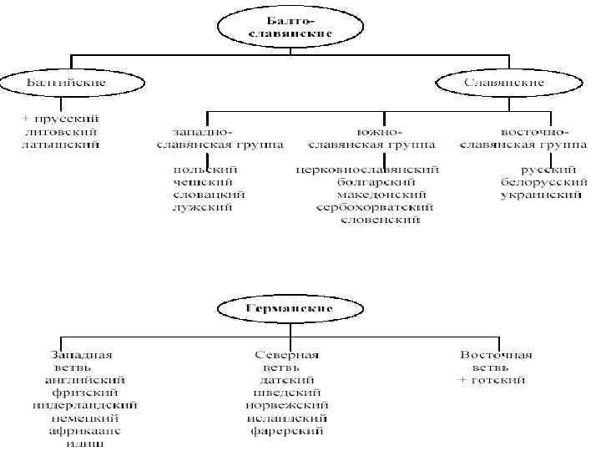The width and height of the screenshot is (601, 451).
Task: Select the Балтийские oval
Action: pos(67,83)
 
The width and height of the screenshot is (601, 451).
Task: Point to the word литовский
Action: pos(62,132)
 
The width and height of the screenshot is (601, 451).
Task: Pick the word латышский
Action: pos(62,144)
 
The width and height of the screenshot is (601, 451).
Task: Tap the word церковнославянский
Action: pos(367,170)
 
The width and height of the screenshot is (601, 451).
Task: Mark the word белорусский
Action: pos(540,182)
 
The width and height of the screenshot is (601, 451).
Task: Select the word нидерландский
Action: pos(85,405)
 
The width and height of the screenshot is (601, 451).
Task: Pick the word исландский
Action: pos(287,418)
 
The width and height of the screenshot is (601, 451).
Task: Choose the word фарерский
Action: pos(287,431)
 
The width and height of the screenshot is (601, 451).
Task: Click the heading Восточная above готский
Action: pos(496,355)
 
